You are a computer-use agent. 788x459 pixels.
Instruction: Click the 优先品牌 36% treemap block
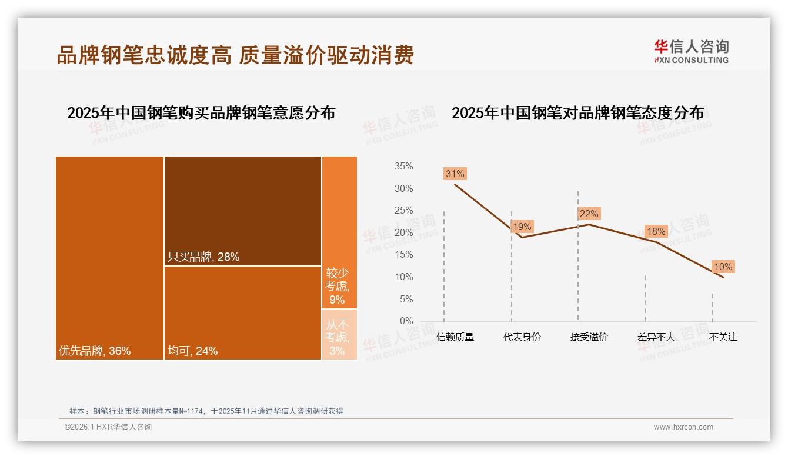coord(109,258)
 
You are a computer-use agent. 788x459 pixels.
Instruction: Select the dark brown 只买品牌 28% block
coord(242,211)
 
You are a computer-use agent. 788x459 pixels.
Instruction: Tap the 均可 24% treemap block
coord(242,312)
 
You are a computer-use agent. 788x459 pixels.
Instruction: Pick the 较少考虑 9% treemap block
coord(339,232)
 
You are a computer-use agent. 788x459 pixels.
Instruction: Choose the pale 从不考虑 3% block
coord(339,334)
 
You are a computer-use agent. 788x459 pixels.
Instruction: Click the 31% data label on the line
coord(455,174)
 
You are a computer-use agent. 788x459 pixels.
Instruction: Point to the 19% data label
coord(521,227)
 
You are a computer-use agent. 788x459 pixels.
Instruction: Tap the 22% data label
coord(589,214)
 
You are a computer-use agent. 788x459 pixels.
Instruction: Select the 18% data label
coord(656,231)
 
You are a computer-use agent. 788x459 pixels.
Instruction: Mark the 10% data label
coord(723,267)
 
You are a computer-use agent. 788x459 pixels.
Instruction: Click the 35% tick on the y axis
coord(403,167)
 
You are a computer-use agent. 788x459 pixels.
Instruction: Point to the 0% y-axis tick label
coord(406,321)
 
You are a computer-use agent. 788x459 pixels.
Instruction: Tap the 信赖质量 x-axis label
coord(455,337)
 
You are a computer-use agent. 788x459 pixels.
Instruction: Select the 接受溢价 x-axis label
coord(589,337)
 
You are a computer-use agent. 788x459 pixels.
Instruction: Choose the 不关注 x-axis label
coord(723,337)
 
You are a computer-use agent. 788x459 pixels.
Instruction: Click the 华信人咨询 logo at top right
coord(691,51)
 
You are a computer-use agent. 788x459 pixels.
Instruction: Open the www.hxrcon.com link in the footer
coord(683,427)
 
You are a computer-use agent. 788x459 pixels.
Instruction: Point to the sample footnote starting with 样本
coord(206,411)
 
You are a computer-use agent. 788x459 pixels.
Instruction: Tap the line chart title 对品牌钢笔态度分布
coord(577,113)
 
